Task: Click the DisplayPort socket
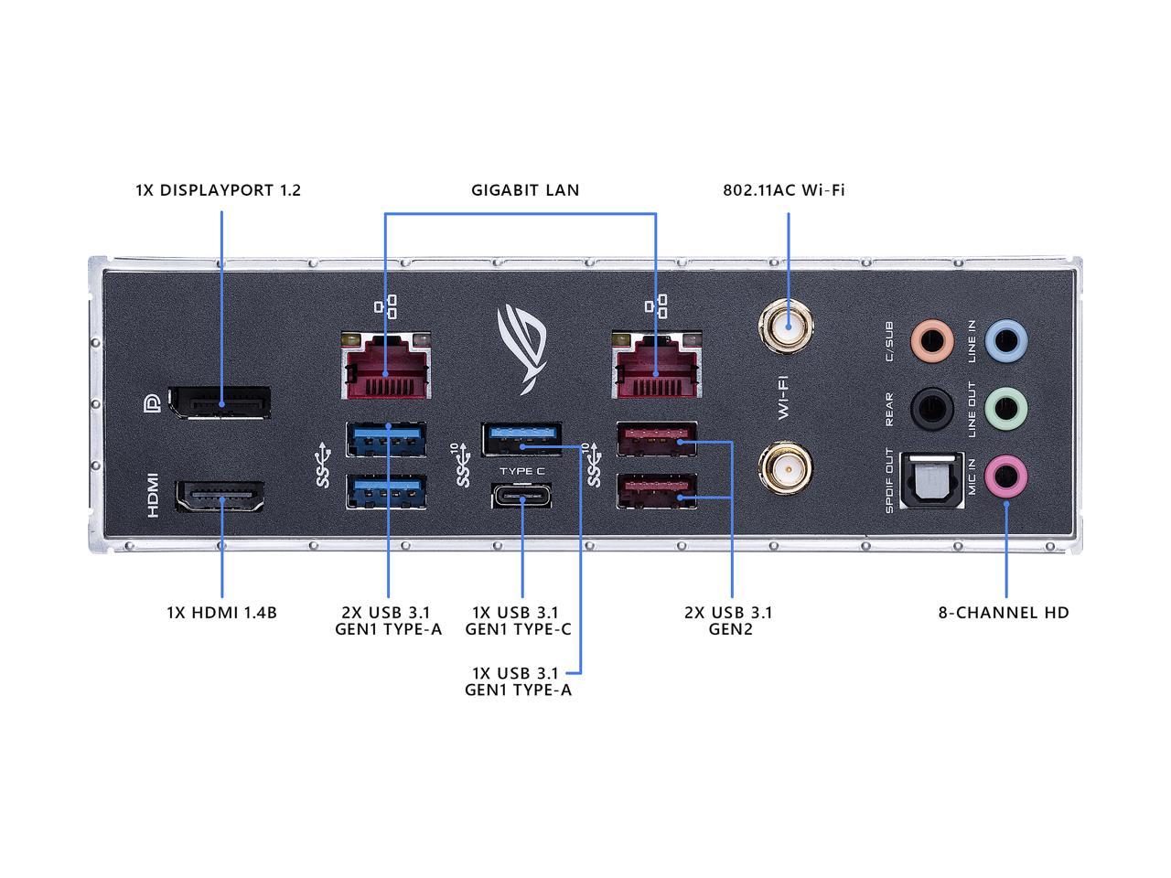coord(223,403)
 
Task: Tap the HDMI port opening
coord(220,500)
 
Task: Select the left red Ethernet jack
coord(385,366)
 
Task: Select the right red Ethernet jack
coord(657,366)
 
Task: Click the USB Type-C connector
coord(522,498)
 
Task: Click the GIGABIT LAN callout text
coord(525,190)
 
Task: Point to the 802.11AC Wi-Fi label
coord(784,190)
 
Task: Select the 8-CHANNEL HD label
coord(1004,613)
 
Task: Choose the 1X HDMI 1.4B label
coord(221,613)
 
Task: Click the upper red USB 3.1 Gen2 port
coord(657,440)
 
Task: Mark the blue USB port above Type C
coord(522,439)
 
